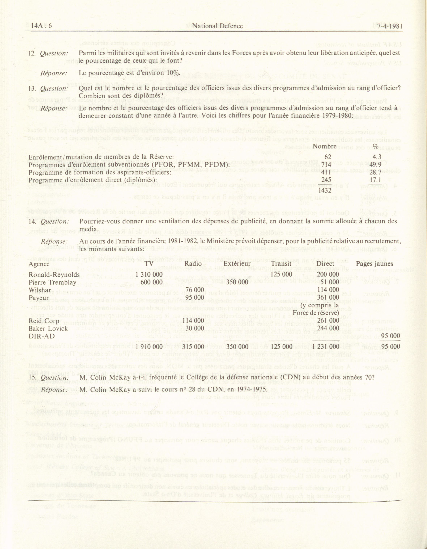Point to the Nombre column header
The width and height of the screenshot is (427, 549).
325,146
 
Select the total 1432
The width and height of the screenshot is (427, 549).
325,190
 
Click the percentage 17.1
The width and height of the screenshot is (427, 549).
376,180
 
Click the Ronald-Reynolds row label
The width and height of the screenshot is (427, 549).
54,275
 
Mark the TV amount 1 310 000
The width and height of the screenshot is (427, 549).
149,274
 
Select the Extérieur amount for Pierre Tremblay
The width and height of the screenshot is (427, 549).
237,282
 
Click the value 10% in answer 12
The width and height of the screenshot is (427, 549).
173,73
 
